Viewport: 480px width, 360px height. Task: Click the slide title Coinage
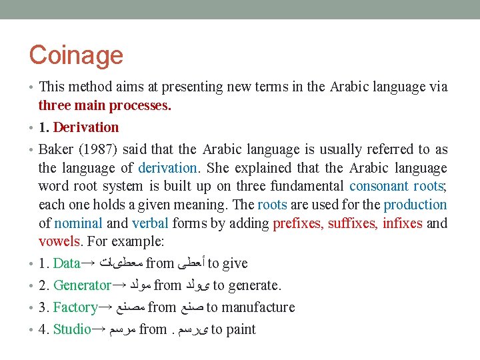(76, 55)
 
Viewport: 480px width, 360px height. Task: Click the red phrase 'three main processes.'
(105, 105)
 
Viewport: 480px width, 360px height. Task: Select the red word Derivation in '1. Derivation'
(86, 127)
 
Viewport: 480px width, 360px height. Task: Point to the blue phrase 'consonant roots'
(396, 187)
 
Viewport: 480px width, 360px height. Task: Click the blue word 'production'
(415, 205)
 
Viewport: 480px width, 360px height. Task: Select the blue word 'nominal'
(78, 223)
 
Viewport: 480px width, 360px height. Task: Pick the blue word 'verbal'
(151, 223)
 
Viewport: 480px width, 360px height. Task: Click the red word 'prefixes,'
(298, 223)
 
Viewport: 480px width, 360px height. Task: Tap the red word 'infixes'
(402, 223)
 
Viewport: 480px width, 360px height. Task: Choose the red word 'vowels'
(59, 241)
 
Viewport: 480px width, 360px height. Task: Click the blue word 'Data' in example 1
(66, 263)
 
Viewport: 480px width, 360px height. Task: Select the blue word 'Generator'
(82, 285)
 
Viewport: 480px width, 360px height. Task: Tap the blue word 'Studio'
(72, 329)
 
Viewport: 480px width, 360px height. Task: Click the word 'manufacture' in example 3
(259, 307)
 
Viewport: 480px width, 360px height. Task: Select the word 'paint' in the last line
(241, 329)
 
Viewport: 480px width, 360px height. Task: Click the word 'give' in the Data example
(235, 263)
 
